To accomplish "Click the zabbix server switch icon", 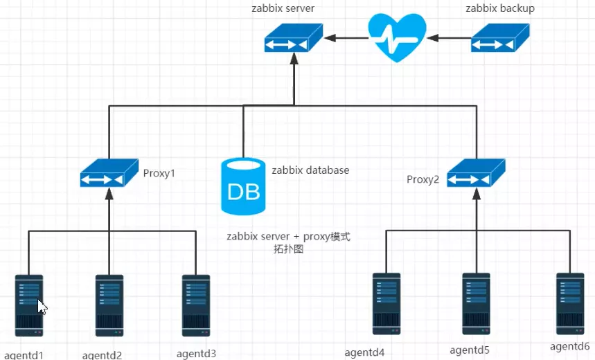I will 294,38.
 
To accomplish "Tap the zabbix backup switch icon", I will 501,38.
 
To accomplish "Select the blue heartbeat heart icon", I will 397,38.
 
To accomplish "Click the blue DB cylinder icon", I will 242,186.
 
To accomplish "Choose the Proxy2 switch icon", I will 476,174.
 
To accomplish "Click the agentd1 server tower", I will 29,305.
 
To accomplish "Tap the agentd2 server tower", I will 109,305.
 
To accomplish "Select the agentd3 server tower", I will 196,305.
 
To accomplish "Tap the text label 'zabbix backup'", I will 501,8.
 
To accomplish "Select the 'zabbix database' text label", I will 310,170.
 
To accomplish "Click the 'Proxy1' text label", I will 159,173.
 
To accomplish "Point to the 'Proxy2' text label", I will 423,180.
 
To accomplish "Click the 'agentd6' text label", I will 570,346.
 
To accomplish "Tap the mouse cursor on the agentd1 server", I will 42,307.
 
